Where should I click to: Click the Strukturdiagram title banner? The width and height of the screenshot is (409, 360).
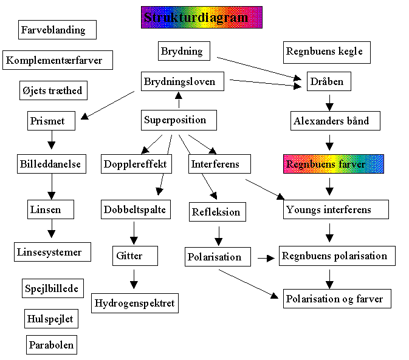point(201,17)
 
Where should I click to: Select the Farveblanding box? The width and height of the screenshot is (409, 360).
point(53,30)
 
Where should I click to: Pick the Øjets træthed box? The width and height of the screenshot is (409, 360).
point(51,91)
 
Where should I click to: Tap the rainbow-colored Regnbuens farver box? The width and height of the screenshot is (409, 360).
point(334,164)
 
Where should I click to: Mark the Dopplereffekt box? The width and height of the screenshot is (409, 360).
point(135,164)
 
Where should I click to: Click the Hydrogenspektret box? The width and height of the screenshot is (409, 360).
point(135,302)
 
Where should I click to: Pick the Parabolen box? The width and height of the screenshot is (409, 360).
point(52,345)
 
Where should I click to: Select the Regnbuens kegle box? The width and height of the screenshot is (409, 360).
point(327,52)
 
